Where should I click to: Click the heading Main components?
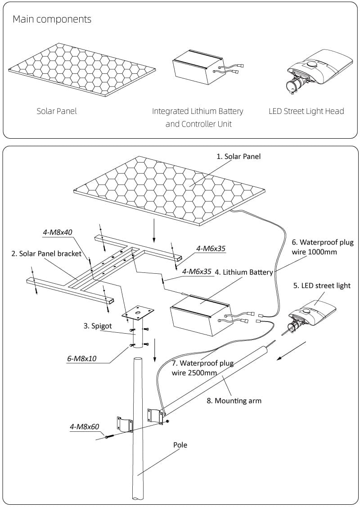coord(52,19)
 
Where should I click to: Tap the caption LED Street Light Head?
coord(306,111)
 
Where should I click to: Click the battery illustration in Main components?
coord(198,70)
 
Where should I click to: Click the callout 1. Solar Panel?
coord(238,157)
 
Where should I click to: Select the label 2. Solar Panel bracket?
coord(46,254)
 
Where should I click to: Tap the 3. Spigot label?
coord(97,326)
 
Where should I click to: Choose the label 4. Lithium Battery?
coord(243,272)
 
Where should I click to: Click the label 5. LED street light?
coord(321,285)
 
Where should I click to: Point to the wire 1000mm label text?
coord(314,252)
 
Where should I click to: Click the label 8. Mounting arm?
coord(234,400)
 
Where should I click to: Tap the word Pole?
coord(180,445)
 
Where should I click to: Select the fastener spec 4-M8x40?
coord(58,232)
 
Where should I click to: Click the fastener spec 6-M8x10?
coord(82,359)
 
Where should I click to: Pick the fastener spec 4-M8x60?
coord(84,426)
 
